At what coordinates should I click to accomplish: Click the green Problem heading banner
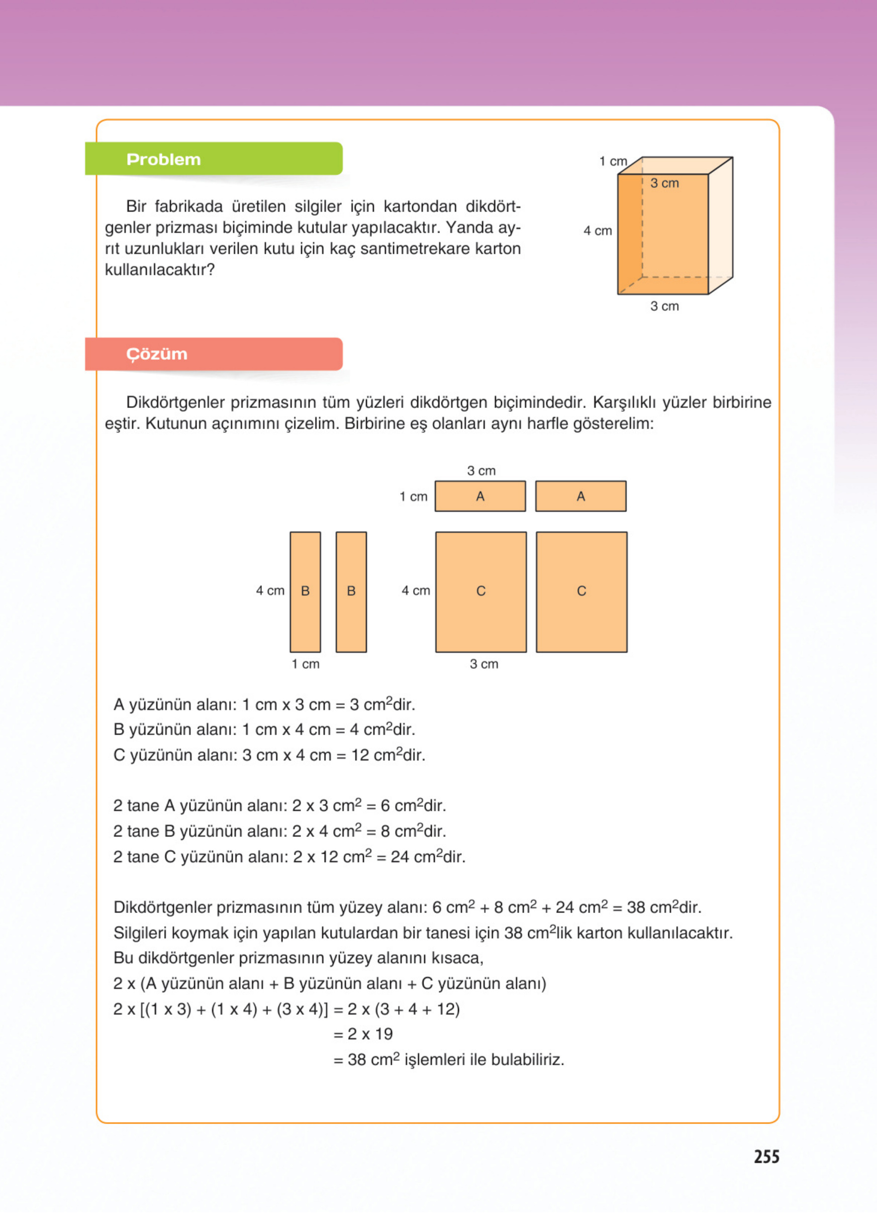click(214, 159)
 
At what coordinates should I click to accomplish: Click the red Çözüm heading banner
click(214, 354)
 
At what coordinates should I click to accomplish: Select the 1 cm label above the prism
click(613, 161)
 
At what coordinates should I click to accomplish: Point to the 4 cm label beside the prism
click(598, 231)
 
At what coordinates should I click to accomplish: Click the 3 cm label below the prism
click(664, 306)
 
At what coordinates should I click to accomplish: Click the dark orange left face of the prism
click(630, 234)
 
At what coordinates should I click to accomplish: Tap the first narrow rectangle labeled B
click(305, 591)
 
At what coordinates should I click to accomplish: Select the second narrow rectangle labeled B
click(351, 591)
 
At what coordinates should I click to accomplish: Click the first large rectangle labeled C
click(480, 591)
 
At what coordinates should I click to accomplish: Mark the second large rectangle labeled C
click(581, 591)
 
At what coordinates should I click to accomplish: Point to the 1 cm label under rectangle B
click(305, 664)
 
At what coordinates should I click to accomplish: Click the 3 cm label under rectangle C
click(484, 664)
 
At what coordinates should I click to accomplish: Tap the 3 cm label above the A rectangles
click(481, 470)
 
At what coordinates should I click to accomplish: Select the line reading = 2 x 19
click(363, 1034)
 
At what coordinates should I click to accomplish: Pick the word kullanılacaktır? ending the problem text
click(159, 270)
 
